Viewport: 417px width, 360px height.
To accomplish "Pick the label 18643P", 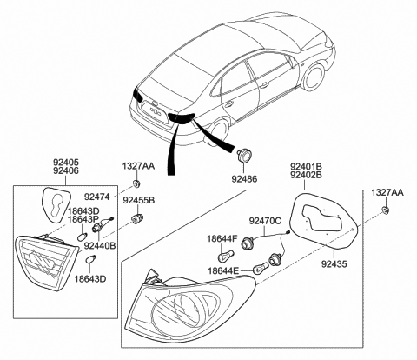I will [x=85, y=221].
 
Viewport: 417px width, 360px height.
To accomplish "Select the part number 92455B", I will [x=138, y=201].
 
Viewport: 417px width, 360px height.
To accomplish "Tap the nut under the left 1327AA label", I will [x=137, y=183].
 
